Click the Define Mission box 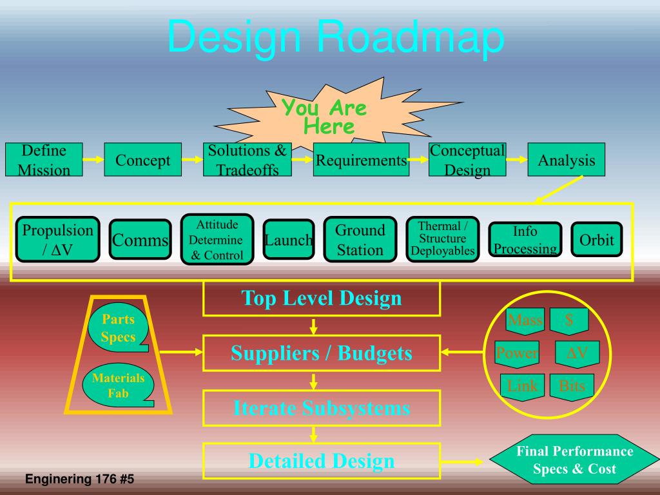coord(44,160)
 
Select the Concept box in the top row coord(142,160)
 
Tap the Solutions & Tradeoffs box coord(247,160)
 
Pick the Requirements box coord(361,160)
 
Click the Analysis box coord(567,160)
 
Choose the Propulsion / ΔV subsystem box coord(57,239)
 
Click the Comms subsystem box coord(140,240)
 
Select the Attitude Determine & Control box coord(217,240)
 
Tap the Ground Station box coord(360,239)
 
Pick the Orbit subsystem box coord(596,240)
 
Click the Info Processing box coord(525,240)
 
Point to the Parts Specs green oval coord(118,328)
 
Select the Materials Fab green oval coord(118,385)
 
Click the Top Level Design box coord(322,298)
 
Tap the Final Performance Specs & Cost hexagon coord(574,460)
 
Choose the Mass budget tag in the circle coord(525,320)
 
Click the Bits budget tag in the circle coord(572,385)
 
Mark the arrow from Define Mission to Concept coord(93,160)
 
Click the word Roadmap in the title coord(411,37)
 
